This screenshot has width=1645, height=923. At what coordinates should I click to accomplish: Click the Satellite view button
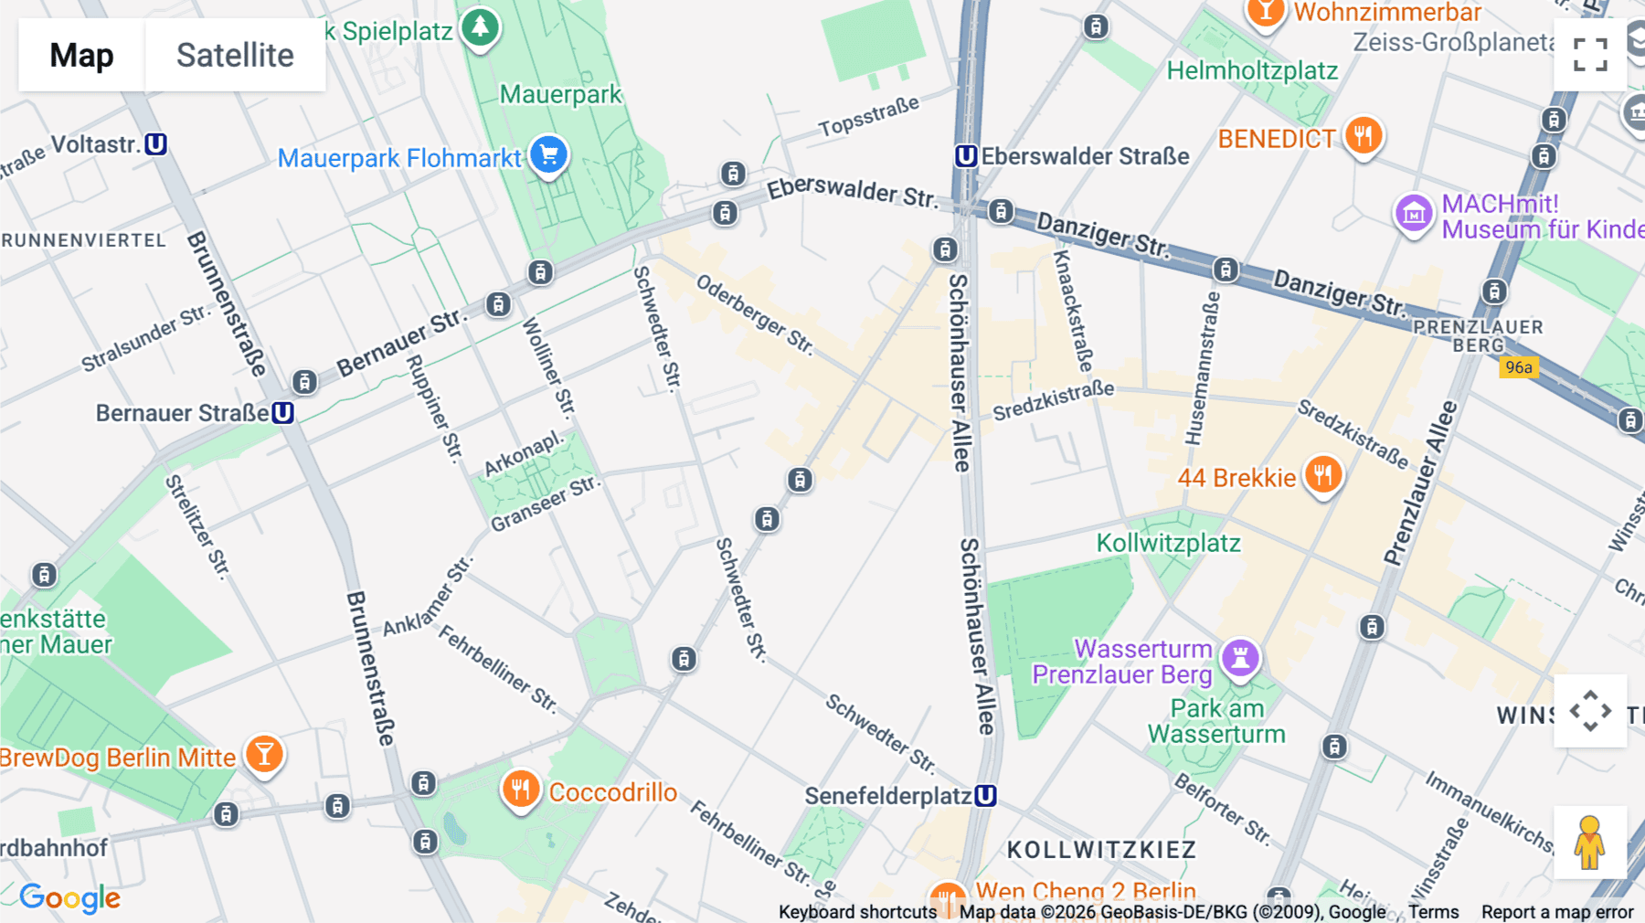pyautogui.click(x=235, y=55)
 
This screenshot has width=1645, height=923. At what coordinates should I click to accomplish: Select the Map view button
pyautogui.click(x=81, y=55)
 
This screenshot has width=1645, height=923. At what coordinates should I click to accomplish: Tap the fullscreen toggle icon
pyautogui.click(x=1590, y=55)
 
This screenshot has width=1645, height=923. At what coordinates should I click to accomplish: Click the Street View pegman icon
pyautogui.click(x=1589, y=842)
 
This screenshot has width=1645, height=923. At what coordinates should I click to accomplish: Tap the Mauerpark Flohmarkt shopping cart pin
pyautogui.click(x=548, y=155)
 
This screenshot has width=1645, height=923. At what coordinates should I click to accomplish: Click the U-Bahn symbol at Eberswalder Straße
pyautogui.click(x=966, y=156)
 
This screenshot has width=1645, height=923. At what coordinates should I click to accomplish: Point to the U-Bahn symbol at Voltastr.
pyautogui.click(x=156, y=144)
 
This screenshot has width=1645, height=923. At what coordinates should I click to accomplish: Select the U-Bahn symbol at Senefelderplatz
pyautogui.click(x=985, y=796)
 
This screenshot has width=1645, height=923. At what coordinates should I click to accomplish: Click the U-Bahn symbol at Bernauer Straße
pyautogui.click(x=283, y=413)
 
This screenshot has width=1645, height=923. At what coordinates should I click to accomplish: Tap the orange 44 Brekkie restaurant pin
pyautogui.click(x=1322, y=475)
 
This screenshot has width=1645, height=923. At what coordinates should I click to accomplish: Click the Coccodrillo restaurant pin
pyautogui.click(x=521, y=789)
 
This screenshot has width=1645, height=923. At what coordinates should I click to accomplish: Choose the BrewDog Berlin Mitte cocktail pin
pyautogui.click(x=264, y=755)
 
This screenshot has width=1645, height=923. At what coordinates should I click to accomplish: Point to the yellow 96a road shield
pyautogui.click(x=1518, y=367)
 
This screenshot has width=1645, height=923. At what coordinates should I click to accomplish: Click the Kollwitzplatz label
pyautogui.click(x=1168, y=543)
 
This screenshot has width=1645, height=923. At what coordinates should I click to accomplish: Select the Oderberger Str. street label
pyautogui.click(x=754, y=313)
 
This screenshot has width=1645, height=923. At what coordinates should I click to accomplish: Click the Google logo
pyautogui.click(x=70, y=898)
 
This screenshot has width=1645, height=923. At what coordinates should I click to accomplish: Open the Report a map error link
pyautogui.click(x=1556, y=912)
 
